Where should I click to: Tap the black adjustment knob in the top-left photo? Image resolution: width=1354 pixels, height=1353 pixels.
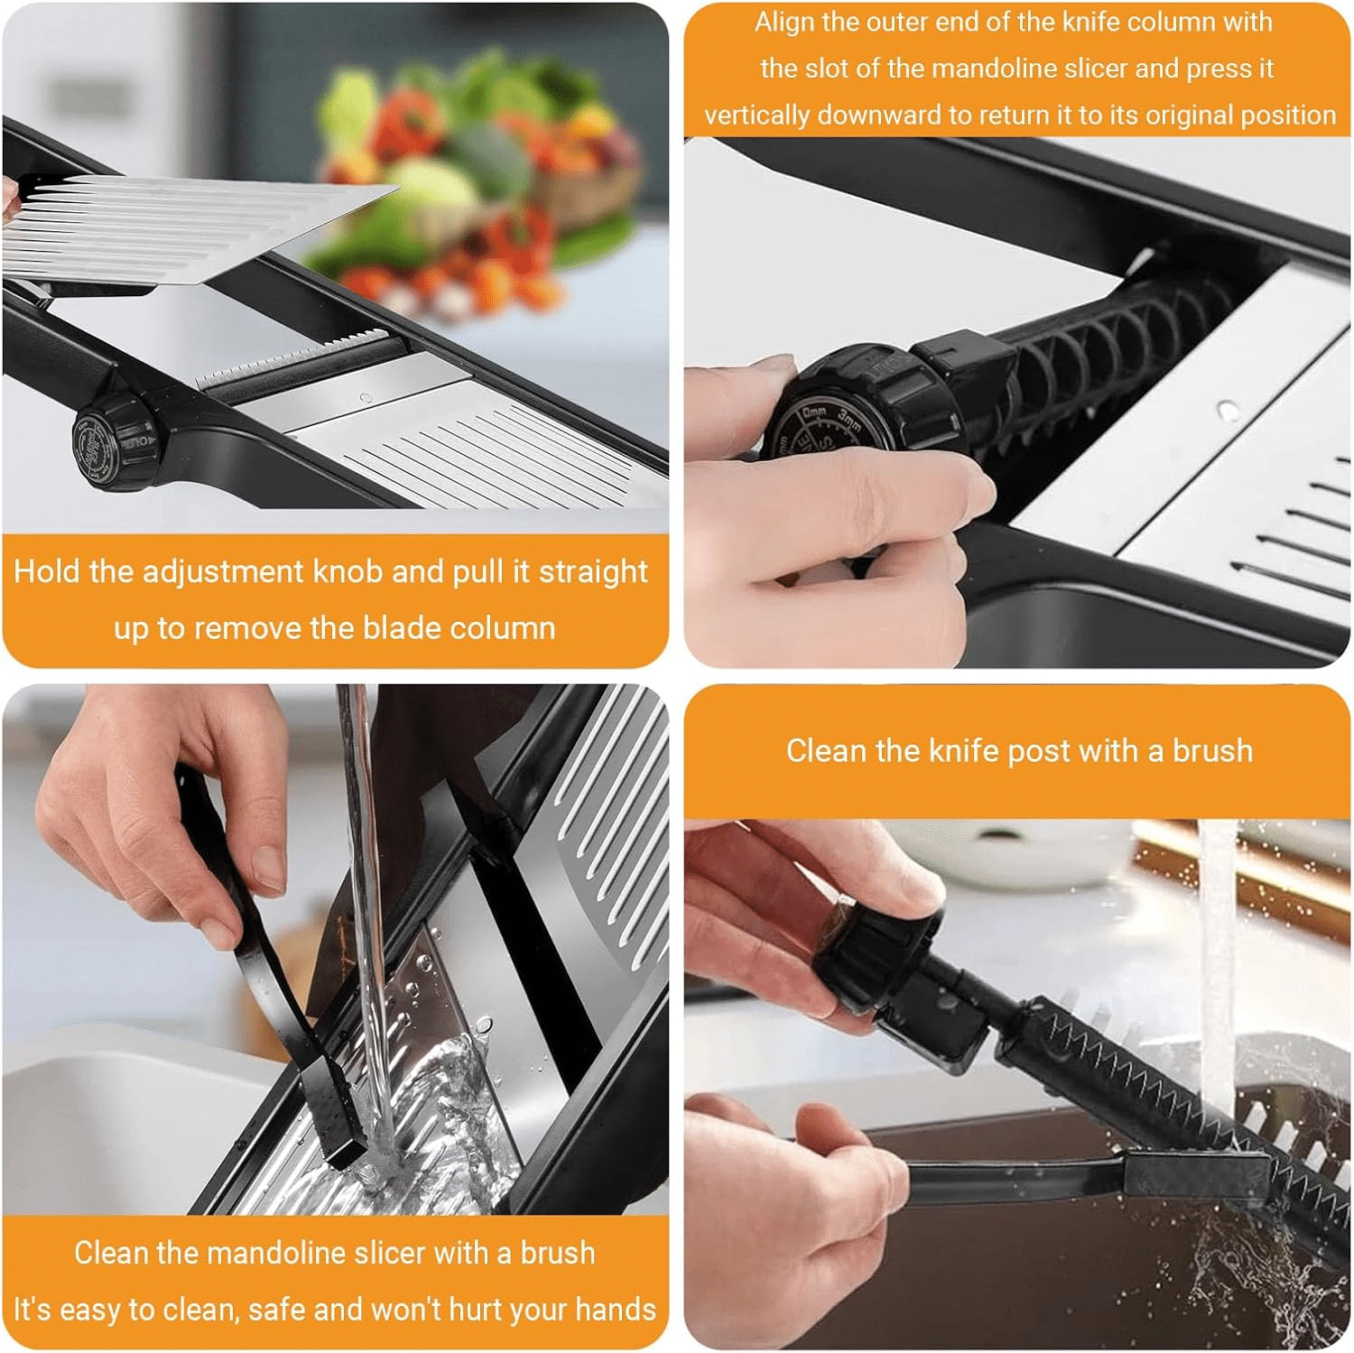[x=113, y=441]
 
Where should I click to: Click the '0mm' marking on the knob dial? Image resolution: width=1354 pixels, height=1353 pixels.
[x=814, y=413]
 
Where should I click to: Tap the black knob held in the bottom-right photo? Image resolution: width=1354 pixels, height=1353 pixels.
[x=880, y=957]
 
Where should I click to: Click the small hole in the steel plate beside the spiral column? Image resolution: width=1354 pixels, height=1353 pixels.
[x=1227, y=411]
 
